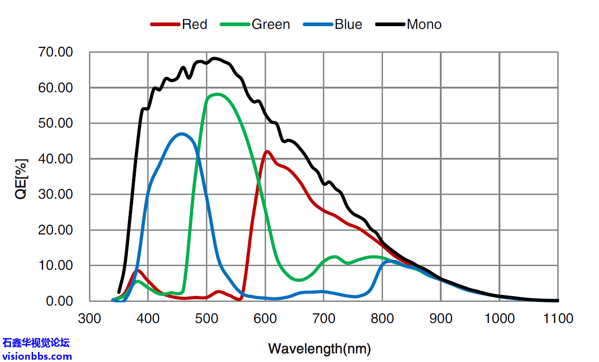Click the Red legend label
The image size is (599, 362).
(194, 24)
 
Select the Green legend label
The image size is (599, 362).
(271, 24)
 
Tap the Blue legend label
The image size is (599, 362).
(348, 24)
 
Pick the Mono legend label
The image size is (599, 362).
(424, 24)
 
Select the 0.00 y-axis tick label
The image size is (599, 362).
(59, 301)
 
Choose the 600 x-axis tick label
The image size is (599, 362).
(265, 318)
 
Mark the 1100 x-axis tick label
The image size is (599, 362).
(558, 318)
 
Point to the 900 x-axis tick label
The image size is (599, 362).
(441, 318)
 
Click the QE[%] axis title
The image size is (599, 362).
(22, 179)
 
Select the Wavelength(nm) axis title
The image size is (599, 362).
(319, 349)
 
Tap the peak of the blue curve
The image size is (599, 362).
(183, 134)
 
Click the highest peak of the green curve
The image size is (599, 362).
(217, 95)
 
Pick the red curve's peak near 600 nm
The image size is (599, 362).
(267, 151)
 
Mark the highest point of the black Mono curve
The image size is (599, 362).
(214, 58)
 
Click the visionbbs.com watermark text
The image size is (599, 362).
(37, 356)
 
